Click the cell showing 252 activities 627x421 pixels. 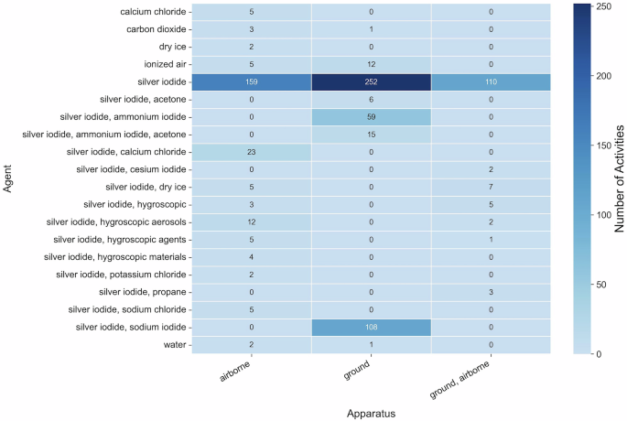371,81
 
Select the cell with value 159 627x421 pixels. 251,81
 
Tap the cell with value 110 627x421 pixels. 491,81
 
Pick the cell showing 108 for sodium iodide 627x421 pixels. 371,327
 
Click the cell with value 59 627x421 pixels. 371,116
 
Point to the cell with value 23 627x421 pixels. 251,152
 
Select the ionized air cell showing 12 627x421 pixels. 371,64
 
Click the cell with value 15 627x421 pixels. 371,135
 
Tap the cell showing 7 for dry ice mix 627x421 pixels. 491,187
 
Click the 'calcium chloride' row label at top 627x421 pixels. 153,12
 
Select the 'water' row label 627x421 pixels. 174,344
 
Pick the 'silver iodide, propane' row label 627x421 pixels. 135,292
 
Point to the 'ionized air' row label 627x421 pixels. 161,64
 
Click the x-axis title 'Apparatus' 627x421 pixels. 371,413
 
